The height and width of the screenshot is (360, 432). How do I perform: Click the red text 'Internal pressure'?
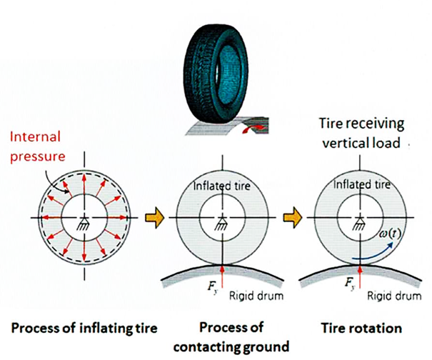38,146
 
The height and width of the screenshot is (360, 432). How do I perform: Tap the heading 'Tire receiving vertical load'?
361,134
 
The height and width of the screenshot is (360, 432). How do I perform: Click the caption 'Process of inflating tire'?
84,329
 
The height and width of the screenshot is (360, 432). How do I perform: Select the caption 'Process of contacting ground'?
231,337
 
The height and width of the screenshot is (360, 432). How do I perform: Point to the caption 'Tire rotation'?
361,329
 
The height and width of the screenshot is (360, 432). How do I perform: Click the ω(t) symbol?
390,234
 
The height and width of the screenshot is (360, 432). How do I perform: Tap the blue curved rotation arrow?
373,254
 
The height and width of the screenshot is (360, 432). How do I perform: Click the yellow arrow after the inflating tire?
155,218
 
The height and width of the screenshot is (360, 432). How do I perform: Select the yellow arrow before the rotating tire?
293,218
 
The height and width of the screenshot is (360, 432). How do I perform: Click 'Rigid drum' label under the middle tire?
256,296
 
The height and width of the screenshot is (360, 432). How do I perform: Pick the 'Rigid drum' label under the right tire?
394,296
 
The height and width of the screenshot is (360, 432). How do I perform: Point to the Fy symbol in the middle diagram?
213,287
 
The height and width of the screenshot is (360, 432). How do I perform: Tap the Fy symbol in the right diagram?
350,283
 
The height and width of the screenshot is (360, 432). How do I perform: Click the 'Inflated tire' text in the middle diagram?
222,186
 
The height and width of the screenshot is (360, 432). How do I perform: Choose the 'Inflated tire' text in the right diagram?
362,184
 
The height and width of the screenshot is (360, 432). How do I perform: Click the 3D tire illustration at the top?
216,74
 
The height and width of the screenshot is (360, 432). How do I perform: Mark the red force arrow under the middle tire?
222,278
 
